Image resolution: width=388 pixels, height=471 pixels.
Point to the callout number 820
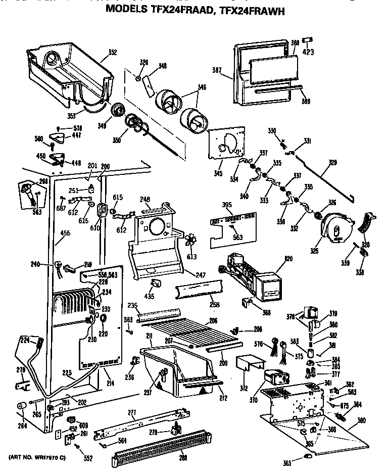pos(288,259)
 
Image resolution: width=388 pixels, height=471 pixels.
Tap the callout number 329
pos(332,163)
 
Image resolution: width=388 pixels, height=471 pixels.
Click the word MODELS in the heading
pos(130,9)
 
